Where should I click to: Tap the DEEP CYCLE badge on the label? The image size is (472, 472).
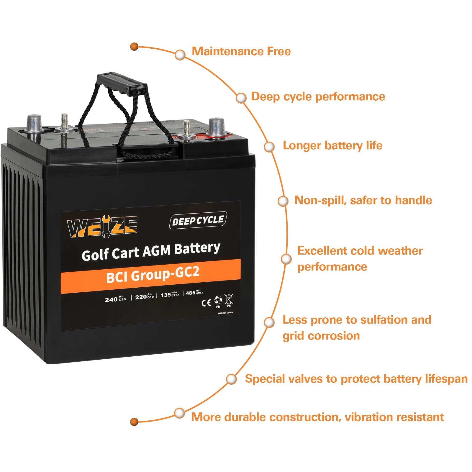pyautogui.click(x=198, y=220)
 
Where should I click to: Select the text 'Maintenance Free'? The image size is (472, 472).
pyautogui.click(x=241, y=51)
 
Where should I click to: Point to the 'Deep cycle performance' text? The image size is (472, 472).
pyautogui.click(x=318, y=97)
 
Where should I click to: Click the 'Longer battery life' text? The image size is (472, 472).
pyautogui.click(x=332, y=145)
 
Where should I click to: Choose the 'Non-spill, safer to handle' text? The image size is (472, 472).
pyautogui.click(x=363, y=200)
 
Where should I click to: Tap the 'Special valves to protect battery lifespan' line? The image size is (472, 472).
pyautogui.click(x=356, y=379)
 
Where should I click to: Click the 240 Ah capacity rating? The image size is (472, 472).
pyautogui.click(x=115, y=299)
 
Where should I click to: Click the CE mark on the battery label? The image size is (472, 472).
pyautogui.click(x=206, y=303)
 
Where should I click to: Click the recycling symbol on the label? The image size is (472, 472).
pyautogui.click(x=218, y=300)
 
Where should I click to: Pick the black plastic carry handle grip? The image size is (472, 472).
pyautogui.click(x=122, y=84)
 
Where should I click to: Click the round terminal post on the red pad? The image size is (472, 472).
pyautogui.click(x=217, y=127)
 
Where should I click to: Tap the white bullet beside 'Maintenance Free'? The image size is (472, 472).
pyautogui.click(x=180, y=55)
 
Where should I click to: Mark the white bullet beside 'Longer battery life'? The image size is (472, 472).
pyautogui.click(x=269, y=147)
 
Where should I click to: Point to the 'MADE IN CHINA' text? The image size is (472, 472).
pyautogui.click(x=225, y=313)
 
